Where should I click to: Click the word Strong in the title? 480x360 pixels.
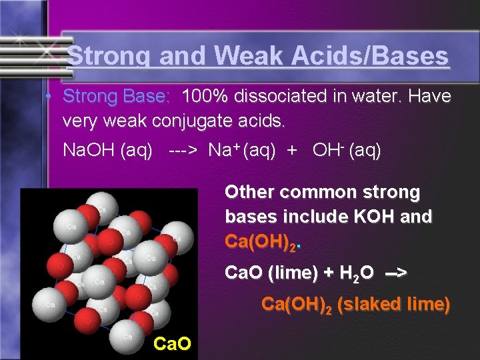tap(110, 56)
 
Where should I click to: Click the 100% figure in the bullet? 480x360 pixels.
tap(206, 97)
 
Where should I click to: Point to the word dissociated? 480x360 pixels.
tap(288, 97)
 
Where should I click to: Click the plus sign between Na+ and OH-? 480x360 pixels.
tap(291, 151)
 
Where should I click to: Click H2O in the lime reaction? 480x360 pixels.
tap(354, 273)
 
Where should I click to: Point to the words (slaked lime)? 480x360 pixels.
tap(393, 305)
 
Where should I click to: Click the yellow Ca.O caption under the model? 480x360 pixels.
tap(173, 344)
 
